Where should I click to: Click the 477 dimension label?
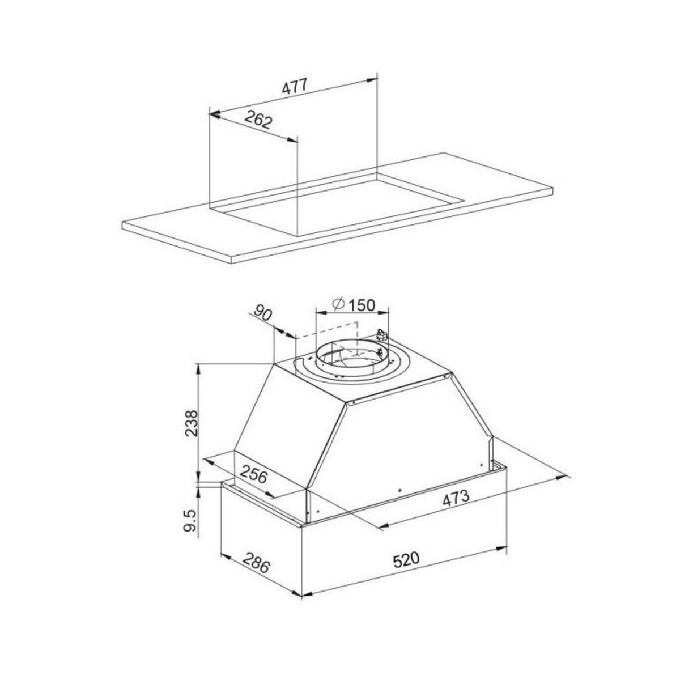294,87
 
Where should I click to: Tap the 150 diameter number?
362,305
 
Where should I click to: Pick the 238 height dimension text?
192,422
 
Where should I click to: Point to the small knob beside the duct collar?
381,335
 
